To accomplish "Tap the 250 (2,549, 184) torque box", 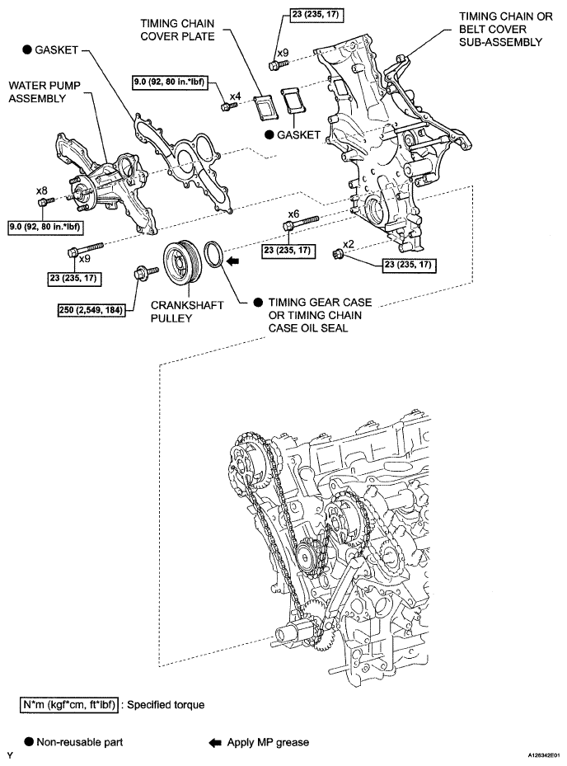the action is (x=91, y=310).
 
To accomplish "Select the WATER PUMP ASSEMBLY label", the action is (x=44, y=92).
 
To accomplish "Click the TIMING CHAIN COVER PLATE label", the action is (x=177, y=30).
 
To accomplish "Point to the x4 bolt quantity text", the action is (x=236, y=96).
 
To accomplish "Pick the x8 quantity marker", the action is (x=42, y=190).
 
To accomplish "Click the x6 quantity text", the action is (x=293, y=214).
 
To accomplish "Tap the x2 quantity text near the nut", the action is (x=349, y=244).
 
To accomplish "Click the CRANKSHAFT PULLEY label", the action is (x=186, y=312).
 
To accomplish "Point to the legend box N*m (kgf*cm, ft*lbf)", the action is (x=69, y=705).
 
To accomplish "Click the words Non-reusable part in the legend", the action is (x=80, y=743).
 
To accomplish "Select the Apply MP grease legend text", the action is (x=268, y=743).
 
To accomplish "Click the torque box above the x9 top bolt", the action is (x=315, y=15).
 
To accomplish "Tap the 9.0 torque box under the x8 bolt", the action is (x=45, y=228).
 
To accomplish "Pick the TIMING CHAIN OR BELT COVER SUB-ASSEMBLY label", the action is (x=505, y=30).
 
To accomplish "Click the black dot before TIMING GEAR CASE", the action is (x=258, y=303).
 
